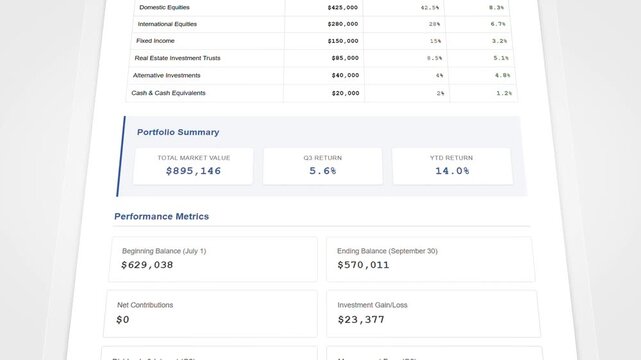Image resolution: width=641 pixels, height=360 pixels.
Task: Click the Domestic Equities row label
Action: tap(166, 7)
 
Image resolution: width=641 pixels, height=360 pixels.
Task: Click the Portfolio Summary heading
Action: tap(178, 132)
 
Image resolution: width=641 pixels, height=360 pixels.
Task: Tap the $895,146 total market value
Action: tap(193, 171)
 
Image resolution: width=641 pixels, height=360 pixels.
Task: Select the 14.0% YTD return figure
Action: tap(452, 171)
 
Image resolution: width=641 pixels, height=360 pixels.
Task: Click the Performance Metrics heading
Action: tap(161, 216)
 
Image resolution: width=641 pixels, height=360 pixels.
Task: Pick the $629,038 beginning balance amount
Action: tap(147, 265)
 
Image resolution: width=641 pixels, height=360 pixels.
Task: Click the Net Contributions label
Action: tap(145, 304)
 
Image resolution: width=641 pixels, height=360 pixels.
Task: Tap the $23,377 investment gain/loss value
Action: tap(361, 320)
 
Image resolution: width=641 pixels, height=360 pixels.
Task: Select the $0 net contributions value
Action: tap(123, 320)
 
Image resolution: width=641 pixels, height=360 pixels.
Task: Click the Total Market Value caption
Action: tap(193, 157)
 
